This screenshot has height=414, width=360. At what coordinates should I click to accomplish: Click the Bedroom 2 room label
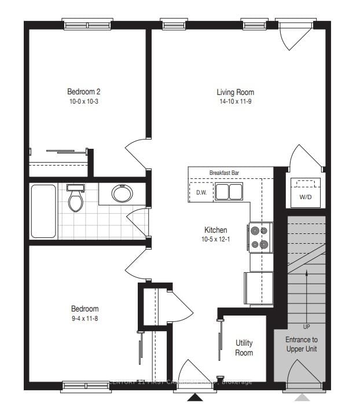click(83, 91)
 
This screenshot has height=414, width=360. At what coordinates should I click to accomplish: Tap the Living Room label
click(235, 92)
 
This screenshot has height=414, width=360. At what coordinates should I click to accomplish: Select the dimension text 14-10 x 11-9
click(235, 102)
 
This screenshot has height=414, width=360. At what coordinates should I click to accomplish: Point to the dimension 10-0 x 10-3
click(83, 101)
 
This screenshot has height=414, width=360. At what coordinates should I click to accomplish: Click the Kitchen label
click(215, 230)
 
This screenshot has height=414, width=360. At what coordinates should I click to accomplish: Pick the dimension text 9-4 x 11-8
click(85, 318)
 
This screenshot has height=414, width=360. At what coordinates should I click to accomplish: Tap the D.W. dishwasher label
click(201, 192)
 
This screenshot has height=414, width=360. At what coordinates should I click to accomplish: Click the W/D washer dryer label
click(306, 196)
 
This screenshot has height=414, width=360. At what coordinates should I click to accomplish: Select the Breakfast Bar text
click(225, 173)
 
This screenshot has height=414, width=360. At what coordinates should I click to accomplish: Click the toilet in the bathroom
click(75, 199)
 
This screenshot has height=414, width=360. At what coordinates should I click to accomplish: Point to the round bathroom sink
click(122, 193)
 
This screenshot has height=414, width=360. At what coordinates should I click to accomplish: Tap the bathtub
click(43, 211)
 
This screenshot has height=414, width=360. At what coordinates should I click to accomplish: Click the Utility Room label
click(244, 348)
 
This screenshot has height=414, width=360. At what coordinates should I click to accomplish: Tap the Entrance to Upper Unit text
click(302, 344)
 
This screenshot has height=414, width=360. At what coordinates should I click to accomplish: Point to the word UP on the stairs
click(306, 327)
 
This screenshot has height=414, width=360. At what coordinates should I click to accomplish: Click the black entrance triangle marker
click(196, 397)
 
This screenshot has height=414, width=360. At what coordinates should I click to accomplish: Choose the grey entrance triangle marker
click(302, 397)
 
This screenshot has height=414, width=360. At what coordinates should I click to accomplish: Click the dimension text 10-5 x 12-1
click(215, 240)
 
